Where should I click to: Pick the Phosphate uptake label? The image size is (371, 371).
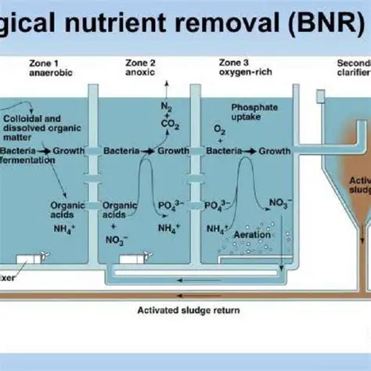[251, 111]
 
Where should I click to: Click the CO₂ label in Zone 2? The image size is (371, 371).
[169, 124]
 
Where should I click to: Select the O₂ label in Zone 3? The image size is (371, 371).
[220, 129]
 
